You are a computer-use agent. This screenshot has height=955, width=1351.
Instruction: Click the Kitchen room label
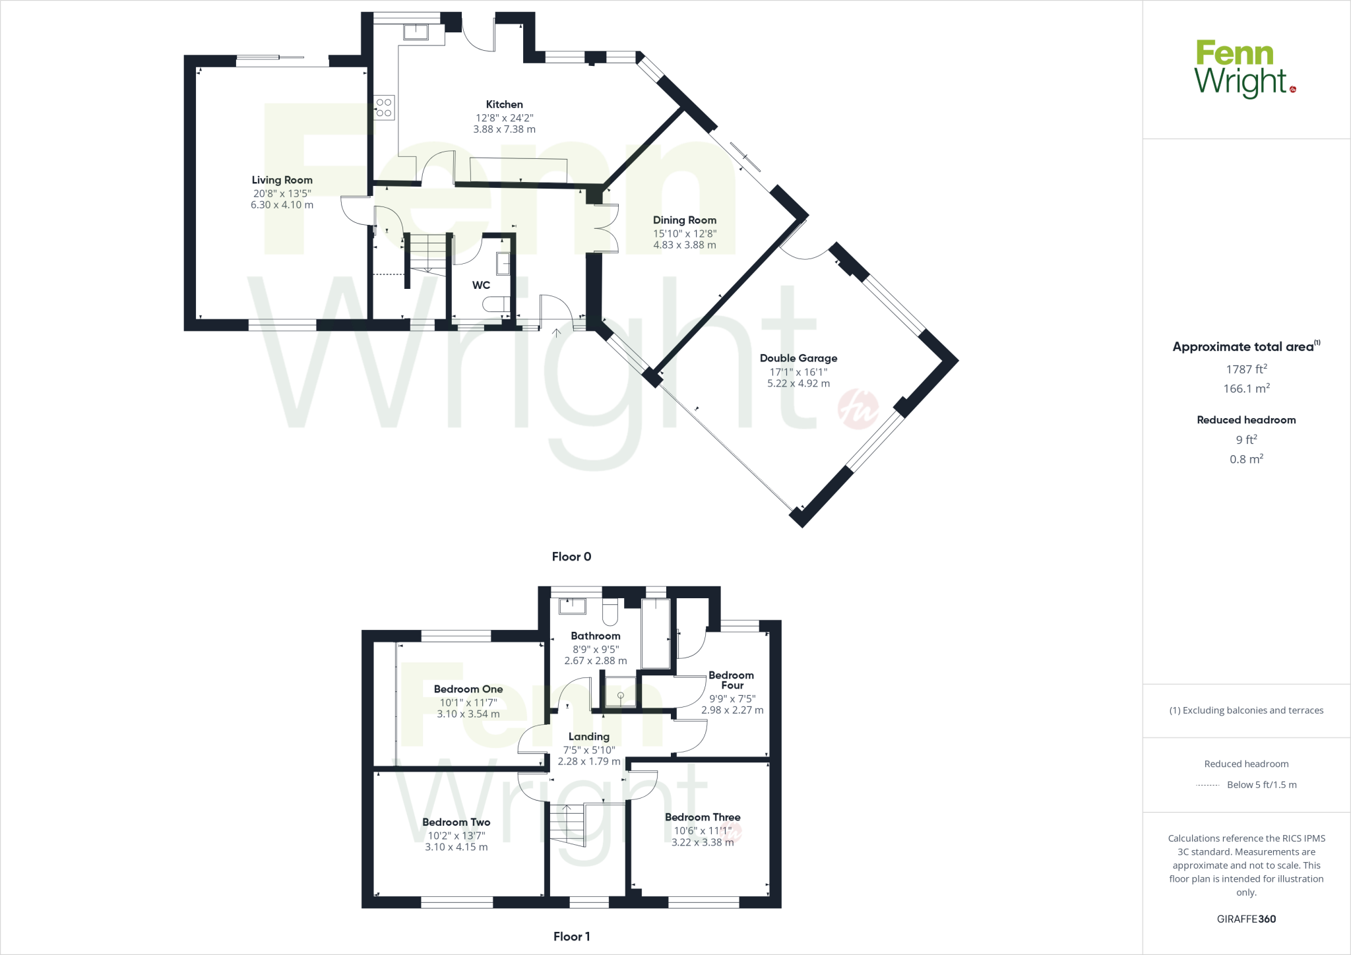tap(504, 104)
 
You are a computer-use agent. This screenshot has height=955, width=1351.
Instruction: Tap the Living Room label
tap(282, 180)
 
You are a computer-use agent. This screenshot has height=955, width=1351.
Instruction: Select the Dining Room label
tap(684, 220)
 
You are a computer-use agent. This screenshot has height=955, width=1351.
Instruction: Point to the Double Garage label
tap(798, 358)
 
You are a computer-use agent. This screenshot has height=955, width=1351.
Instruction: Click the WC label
tap(481, 285)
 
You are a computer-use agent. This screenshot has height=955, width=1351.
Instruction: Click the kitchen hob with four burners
tap(384, 108)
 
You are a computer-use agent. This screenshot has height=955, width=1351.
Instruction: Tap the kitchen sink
tap(416, 32)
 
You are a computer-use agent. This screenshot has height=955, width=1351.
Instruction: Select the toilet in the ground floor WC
tap(495, 304)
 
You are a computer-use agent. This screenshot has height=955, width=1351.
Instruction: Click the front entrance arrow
tap(557, 333)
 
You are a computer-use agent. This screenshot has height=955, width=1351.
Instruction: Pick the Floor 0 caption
tap(571, 557)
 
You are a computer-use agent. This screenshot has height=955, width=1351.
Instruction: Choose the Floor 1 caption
tap(571, 937)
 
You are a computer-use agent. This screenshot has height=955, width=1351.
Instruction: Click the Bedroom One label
tap(468, 689)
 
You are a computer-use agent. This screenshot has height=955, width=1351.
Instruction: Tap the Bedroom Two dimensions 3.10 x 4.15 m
tap(456, 847)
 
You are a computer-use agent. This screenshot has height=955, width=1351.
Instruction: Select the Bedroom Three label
tap(702, 817)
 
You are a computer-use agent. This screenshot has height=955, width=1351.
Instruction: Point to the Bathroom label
tap(595, 636)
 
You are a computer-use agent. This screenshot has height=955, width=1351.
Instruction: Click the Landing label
tap(588, 737)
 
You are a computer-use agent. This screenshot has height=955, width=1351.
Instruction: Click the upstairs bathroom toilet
tap(610, 613)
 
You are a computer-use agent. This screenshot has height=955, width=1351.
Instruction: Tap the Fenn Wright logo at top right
tap(1245, 69)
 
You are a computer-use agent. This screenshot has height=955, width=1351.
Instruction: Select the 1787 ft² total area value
tap(1246, 369)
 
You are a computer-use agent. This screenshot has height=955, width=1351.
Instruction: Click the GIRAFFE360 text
tap(1246, 919)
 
